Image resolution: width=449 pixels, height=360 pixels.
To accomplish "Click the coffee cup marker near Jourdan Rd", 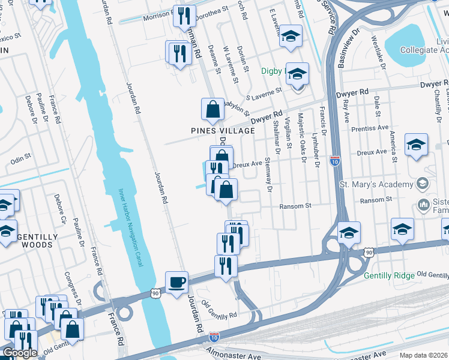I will click(x=176, y=282).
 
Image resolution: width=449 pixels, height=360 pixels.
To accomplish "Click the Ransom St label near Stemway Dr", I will click(x=295, y=206).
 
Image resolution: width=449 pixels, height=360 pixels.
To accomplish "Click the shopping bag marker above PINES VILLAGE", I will click(x=212, y=110).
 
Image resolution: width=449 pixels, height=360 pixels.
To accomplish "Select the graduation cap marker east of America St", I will click(x=416, y=145).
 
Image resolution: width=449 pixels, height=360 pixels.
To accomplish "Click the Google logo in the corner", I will click(x=19, y=353).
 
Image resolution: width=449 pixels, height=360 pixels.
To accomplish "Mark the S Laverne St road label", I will click(x=264, y=93).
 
